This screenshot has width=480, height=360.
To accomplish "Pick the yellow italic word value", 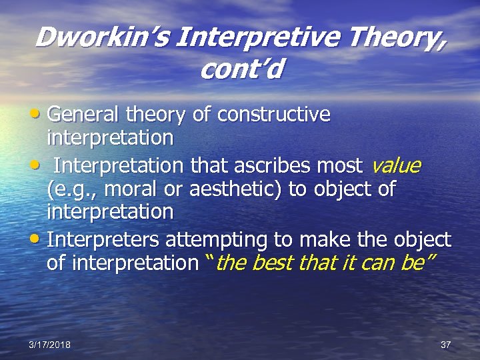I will (396, 165).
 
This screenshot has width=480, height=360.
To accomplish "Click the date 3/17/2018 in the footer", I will (50, 345).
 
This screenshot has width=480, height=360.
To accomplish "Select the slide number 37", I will (446, 345).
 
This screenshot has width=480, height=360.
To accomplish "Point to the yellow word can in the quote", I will (375, 263).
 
